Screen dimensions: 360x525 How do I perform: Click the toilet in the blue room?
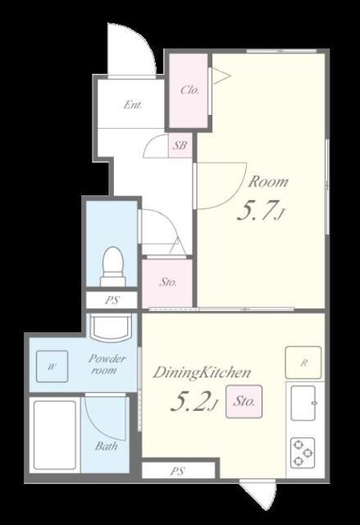pos(113,266)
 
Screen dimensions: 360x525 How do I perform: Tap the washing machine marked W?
pos(52,367)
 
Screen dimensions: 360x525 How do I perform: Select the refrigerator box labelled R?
pos(303,363)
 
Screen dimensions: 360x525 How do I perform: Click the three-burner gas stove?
pos(303,453)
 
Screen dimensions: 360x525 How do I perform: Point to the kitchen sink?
pos(303,403)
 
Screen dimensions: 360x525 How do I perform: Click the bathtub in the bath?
pos(55,435)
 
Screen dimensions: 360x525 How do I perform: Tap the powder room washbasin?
pos(111,327)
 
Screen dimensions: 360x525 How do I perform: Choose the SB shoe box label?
pos(180,145)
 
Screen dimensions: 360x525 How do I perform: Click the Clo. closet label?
pos(189,89)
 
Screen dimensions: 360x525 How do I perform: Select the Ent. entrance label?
pos(133,105)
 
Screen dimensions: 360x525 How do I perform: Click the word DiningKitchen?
pos(202,372)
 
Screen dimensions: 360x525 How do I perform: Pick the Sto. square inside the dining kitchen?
pos(244,401)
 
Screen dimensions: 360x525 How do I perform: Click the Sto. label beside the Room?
pos(167,282)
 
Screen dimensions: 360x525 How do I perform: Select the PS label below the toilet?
pos(112,299)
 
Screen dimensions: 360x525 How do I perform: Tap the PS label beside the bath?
pos(178,471)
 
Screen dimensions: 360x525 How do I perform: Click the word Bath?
pos(106,446)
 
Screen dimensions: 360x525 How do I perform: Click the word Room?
pos(268,181)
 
